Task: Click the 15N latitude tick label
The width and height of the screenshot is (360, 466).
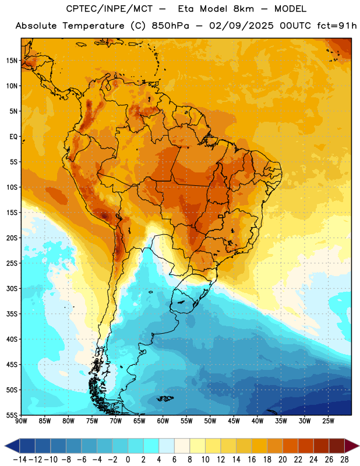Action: pos(12,61)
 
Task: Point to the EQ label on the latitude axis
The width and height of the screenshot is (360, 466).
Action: pos(13,137)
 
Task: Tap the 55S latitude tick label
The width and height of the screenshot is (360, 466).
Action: pos(12,415)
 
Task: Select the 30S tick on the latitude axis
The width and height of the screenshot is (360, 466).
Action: pos(12,288)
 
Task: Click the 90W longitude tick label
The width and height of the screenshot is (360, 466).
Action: pos(21,421)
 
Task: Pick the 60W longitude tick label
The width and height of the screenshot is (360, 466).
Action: pos(163,421)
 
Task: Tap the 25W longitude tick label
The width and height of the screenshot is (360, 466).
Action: pos(328,421)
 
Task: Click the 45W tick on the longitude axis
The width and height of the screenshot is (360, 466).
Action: pos(234,421)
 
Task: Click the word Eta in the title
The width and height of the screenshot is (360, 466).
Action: pos(186,9)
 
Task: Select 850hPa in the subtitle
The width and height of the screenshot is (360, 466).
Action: pos(170,26)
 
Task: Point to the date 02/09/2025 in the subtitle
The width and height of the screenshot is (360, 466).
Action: pos(241,26)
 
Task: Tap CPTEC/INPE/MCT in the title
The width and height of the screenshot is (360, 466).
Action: pos(110,9)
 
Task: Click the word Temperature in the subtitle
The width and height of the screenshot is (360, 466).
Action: pos(93,26)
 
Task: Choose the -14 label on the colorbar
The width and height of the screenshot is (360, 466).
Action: pos(20,460)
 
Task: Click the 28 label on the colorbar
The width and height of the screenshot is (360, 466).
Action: pos(344,460)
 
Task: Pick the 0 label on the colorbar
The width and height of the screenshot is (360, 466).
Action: pos(128,460)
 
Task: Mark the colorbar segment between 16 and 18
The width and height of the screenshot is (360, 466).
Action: pos(260,446)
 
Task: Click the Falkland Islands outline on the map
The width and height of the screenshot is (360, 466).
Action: pos(165,398)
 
